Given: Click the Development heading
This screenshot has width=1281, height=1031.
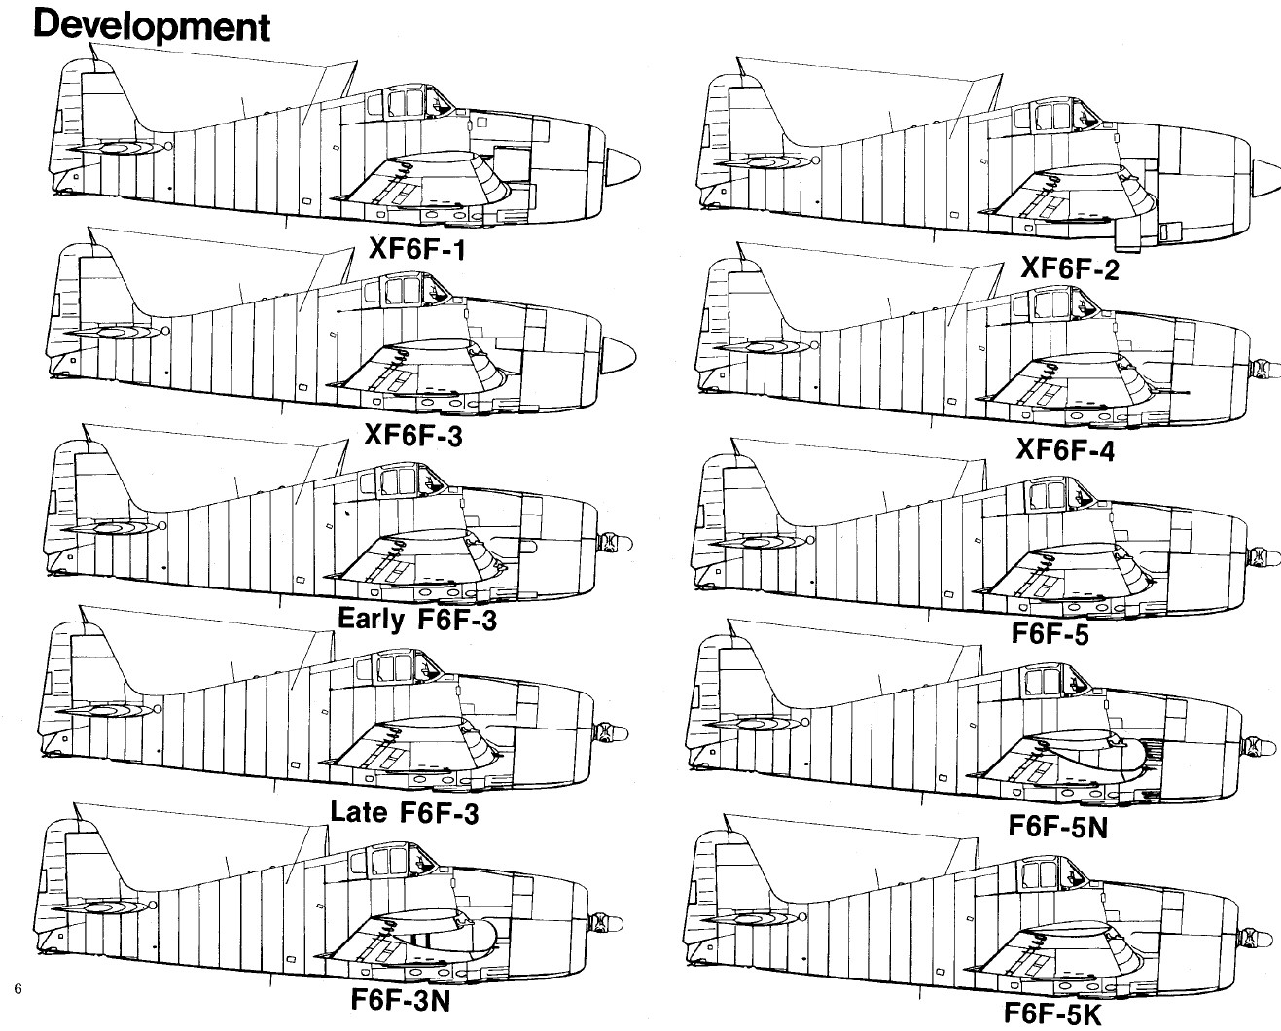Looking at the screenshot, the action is (152, 26).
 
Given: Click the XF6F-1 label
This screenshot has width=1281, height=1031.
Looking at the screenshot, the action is (416, 249).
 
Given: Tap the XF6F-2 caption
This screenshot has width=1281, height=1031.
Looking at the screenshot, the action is (1070, 268).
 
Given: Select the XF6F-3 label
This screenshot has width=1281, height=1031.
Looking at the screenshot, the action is (413, 435).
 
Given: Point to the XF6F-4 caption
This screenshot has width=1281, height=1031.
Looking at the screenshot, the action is (1065, 450).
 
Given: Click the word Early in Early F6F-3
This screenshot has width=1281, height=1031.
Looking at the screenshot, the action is (371, 620).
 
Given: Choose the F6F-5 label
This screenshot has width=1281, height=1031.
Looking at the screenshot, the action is (1050, 633).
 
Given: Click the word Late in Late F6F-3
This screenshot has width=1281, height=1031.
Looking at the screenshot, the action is (358, 811).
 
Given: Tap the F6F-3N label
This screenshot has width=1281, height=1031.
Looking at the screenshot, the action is (400, 1000).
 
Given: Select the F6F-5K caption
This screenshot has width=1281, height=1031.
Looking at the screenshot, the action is (1053, 1014).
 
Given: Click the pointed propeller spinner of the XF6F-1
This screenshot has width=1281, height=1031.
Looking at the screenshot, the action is (623, 166).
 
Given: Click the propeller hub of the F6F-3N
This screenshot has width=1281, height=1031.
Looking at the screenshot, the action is (605, 924).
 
